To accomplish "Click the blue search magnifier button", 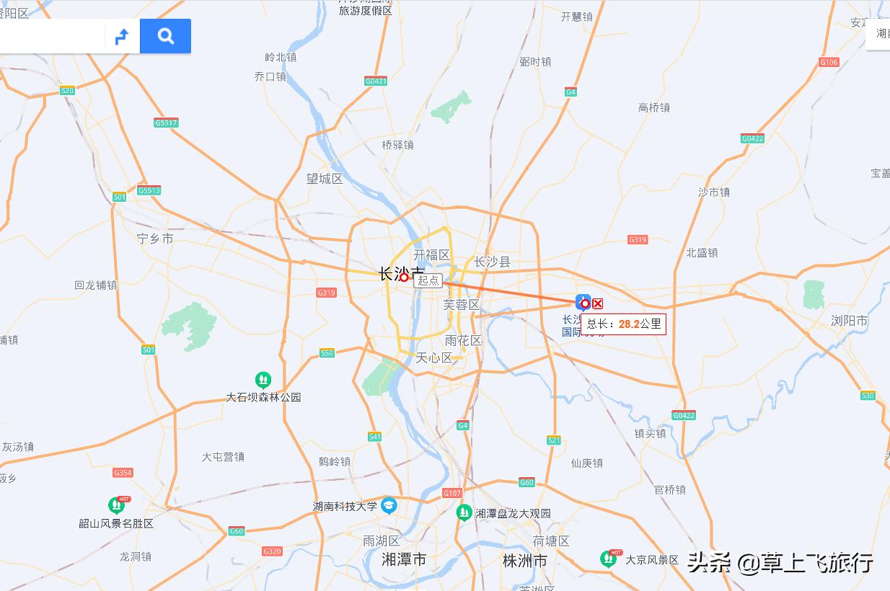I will tap(165, 36).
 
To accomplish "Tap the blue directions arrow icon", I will tap(122, 36).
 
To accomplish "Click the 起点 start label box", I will tap(428, 280).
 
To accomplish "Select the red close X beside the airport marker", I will tap(597, 303).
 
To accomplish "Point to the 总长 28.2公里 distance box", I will tap(623, 324).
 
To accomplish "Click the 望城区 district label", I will tap(325, 179).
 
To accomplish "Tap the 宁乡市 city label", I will tap(155, 238).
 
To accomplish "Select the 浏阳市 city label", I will tap(849, 321).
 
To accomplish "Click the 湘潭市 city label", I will tap(404, 559).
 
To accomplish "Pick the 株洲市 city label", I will tap(524, 561).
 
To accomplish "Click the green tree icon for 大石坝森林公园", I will tap(263, 379).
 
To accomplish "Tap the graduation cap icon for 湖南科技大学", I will tap(389, 505).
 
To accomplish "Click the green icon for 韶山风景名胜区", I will tap(116, 505).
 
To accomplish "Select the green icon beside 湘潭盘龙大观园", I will tap(464, 512).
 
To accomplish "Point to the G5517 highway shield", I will tap(166, 123).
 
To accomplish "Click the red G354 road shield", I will tap(123, 473).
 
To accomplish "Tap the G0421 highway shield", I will tap(376, 81).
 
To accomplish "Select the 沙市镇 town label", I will tap(713, 192).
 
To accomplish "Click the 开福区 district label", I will tap(431, 255).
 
